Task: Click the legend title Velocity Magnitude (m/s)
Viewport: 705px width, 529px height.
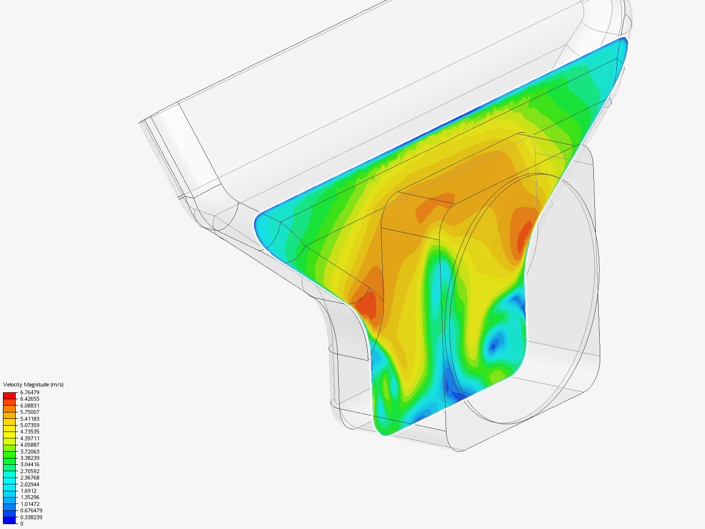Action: (x=33, y=385)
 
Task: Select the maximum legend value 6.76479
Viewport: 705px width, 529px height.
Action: (x=30, y=392)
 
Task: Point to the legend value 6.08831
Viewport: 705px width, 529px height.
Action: (x=30, y=406)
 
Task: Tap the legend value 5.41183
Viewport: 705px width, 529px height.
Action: (x=30, y=419)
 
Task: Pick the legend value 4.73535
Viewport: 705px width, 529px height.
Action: (x=30, y=432)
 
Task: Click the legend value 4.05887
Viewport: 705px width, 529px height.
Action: (x=30, y=445)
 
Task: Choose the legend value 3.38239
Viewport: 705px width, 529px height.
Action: (x=30, y=458)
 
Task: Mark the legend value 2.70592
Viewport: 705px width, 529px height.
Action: (x=30, y=471)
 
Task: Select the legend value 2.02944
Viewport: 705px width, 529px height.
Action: (x=30, y=484)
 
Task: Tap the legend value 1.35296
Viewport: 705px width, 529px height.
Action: (x=30, y=497)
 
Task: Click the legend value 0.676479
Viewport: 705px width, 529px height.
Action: (x=31, y=510)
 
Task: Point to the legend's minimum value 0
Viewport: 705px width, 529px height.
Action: (x=22, y=524)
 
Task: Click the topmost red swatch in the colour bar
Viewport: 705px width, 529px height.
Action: (x=9, y=395)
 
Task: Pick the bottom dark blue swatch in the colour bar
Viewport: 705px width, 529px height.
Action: (x=9, y=520)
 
